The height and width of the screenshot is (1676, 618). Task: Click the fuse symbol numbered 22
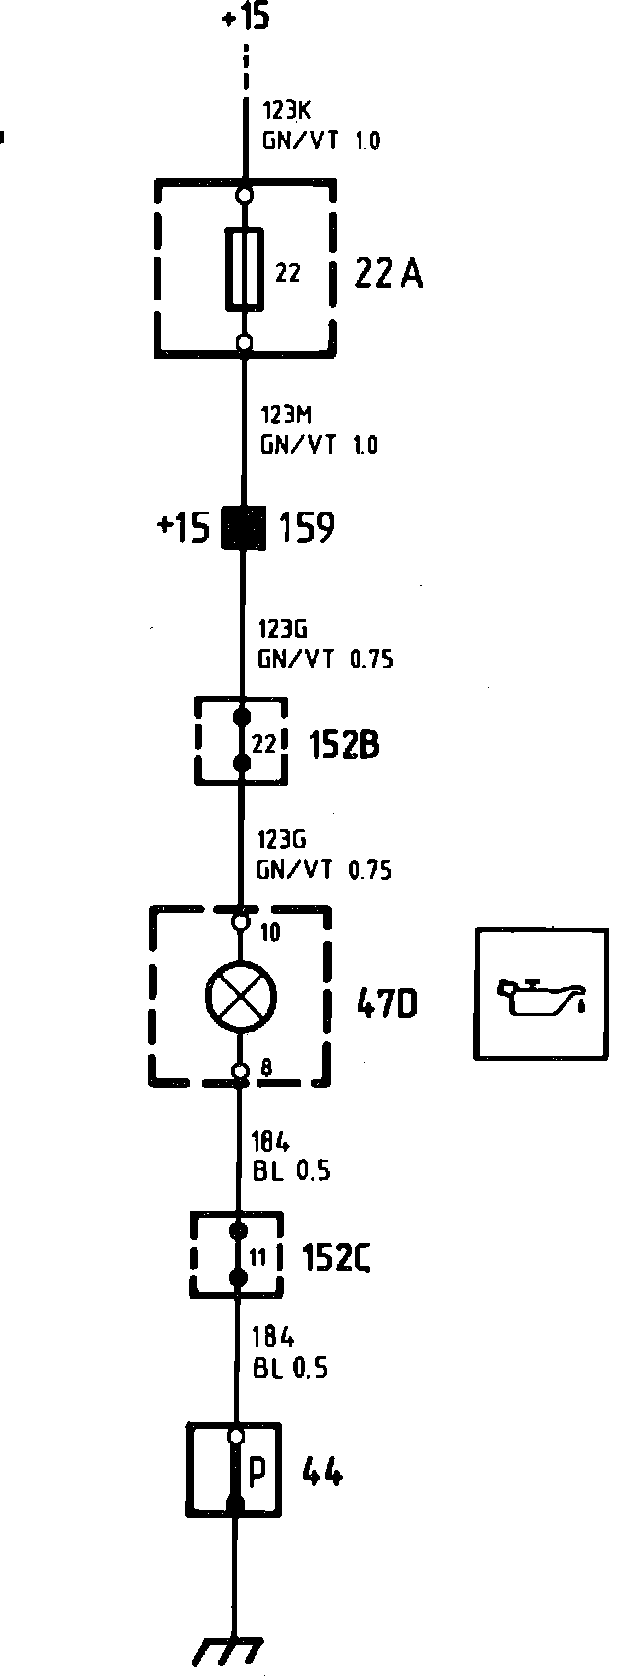(245, 268)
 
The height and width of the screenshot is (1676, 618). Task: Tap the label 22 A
(388, 273)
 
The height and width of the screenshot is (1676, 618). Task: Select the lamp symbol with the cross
(241, 995)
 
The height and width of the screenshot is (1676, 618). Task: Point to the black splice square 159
(244, 527)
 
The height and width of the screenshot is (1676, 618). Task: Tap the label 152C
(337, 1257)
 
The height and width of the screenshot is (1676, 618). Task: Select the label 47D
(386, 1005)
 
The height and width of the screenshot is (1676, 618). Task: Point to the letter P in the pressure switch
(257, 1472)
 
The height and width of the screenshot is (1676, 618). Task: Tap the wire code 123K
(286, 111)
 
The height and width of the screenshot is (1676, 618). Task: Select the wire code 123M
(287, 415)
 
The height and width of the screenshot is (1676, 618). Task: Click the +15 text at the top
(245, 17)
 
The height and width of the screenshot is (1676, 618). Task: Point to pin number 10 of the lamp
(269, 932)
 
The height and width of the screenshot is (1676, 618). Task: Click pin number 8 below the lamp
(266, 1067)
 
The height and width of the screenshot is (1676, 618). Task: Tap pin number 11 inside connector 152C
(257, 1257)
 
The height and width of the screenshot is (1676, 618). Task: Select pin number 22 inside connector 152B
(263, 743)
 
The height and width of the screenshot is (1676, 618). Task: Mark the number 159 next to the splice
(307, 528)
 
